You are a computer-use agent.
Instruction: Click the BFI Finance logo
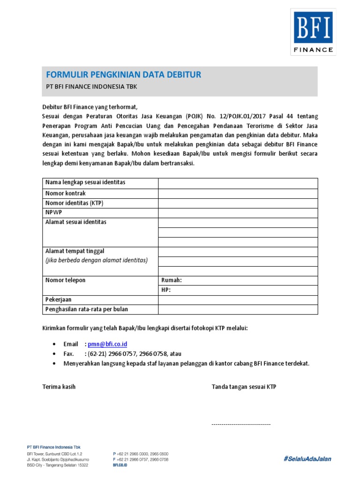tap(313, 32)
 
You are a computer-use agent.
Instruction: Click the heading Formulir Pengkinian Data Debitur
tap(123, 75)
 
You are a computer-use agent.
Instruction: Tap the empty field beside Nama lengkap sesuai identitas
tap(238, 183)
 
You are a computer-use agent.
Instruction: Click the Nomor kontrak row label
tap(66, 193)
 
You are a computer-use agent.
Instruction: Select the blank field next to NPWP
tap(238, 213)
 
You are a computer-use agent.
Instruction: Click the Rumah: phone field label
tap(171, 280)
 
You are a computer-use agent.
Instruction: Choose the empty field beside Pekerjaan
tap(238, 300)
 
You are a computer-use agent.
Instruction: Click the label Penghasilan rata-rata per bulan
tap(87, 309)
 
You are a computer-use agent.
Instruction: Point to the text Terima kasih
tap(59, 387)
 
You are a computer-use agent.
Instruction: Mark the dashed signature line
tap(241, 424)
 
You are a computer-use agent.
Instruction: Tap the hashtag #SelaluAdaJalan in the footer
tap(307, 458)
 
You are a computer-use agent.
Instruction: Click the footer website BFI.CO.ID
tap(120, 465)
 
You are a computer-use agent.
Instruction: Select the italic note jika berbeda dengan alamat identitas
tap(97, 260)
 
